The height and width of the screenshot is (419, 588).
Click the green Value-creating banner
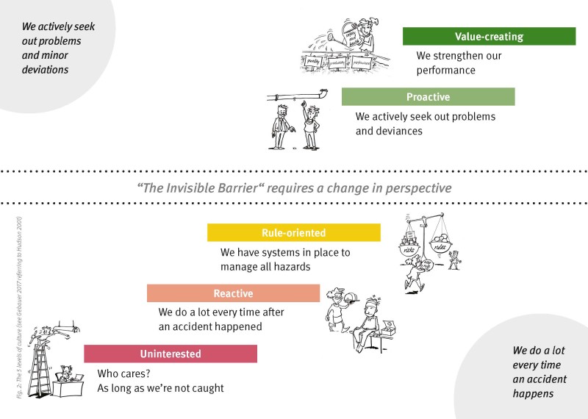pyautogui.click(x=489, y=36)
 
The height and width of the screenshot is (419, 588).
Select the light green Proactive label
pyautogui.click(x=428, y=97)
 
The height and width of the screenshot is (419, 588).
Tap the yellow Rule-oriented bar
pyautogui.click(x=293, y=233)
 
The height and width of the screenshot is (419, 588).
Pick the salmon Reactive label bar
pyautogui.click(x=233, y=293)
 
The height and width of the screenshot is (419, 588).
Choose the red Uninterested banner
pyautogui.click(x=171, y=354)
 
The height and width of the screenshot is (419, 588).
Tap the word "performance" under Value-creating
pyautogui.click(x=446, y=71)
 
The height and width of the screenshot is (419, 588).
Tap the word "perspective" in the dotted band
pyautogui.click(x=412, y=187)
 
